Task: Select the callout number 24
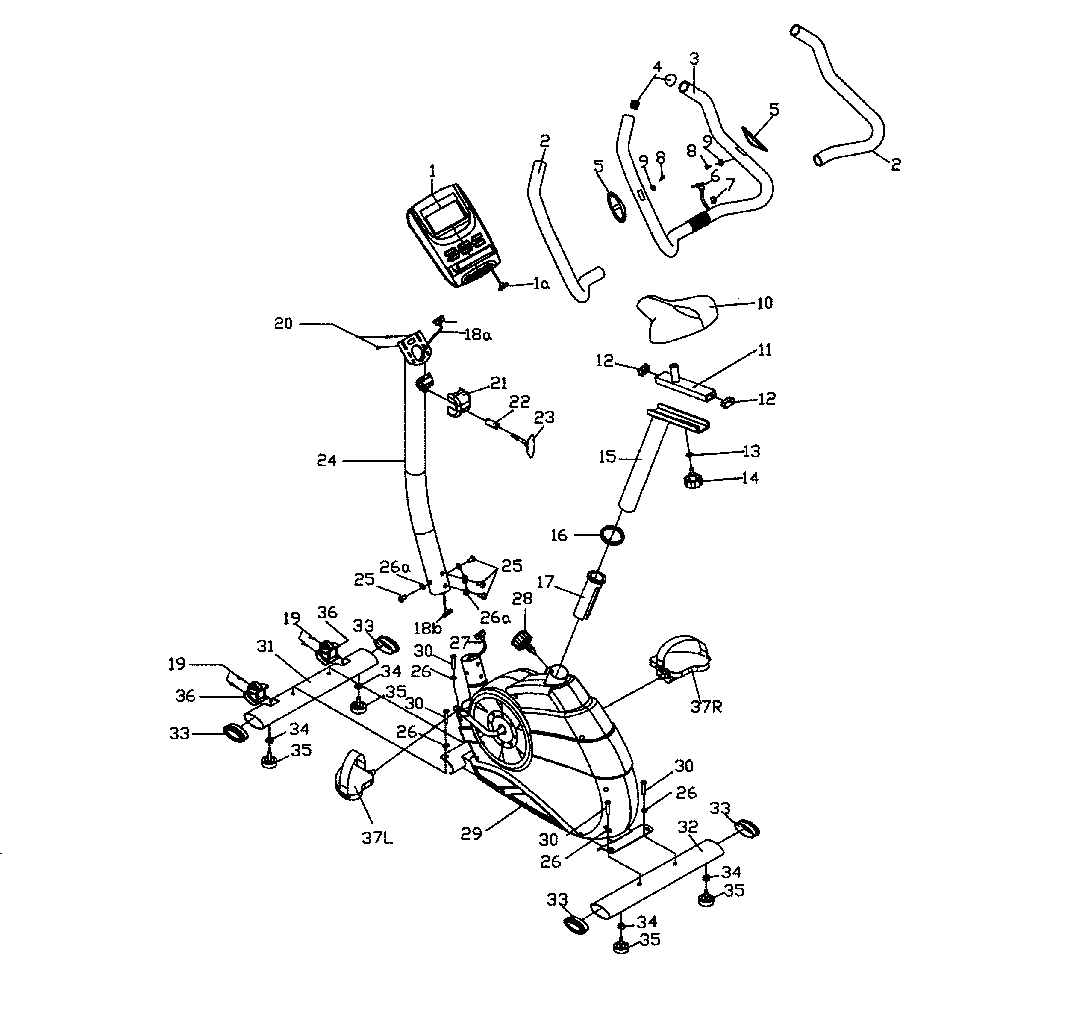[326, 460]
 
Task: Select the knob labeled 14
[693, 481]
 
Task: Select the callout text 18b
[427, 629]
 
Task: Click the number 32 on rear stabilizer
[688, 827]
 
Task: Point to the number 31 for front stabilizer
[266, 647]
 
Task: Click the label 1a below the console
[541, 284]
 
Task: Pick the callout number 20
[283, 324]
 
